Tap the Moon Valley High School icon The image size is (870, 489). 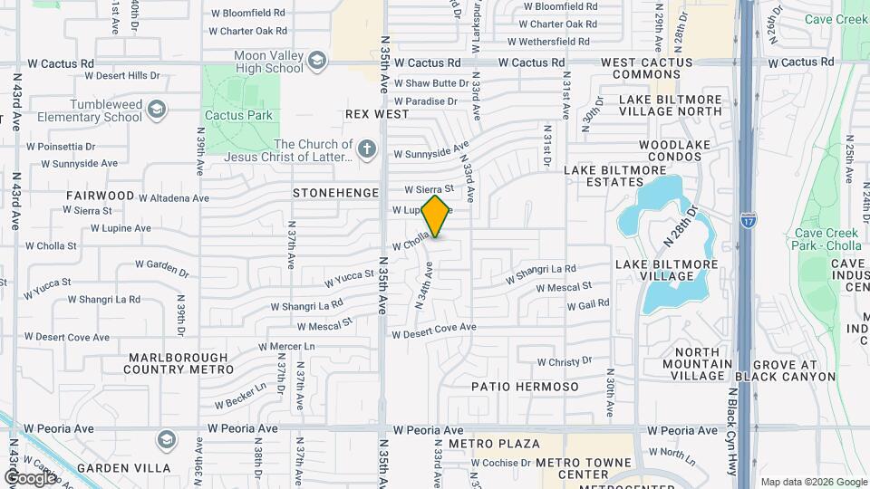[316, 62]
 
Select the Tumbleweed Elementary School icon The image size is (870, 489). [157, 110]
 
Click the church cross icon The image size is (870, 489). [366, 149]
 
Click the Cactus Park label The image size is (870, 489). [238, 115]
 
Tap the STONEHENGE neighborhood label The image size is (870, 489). [329, 193]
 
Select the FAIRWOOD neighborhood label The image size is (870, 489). [100, 195]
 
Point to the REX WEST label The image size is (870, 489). [378, 115]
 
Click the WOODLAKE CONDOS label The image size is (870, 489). [670, 150]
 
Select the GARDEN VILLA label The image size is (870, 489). [123, 468]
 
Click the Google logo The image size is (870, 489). [30, 477]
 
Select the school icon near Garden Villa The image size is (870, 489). [165, 440]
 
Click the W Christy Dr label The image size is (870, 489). [564, 362]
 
